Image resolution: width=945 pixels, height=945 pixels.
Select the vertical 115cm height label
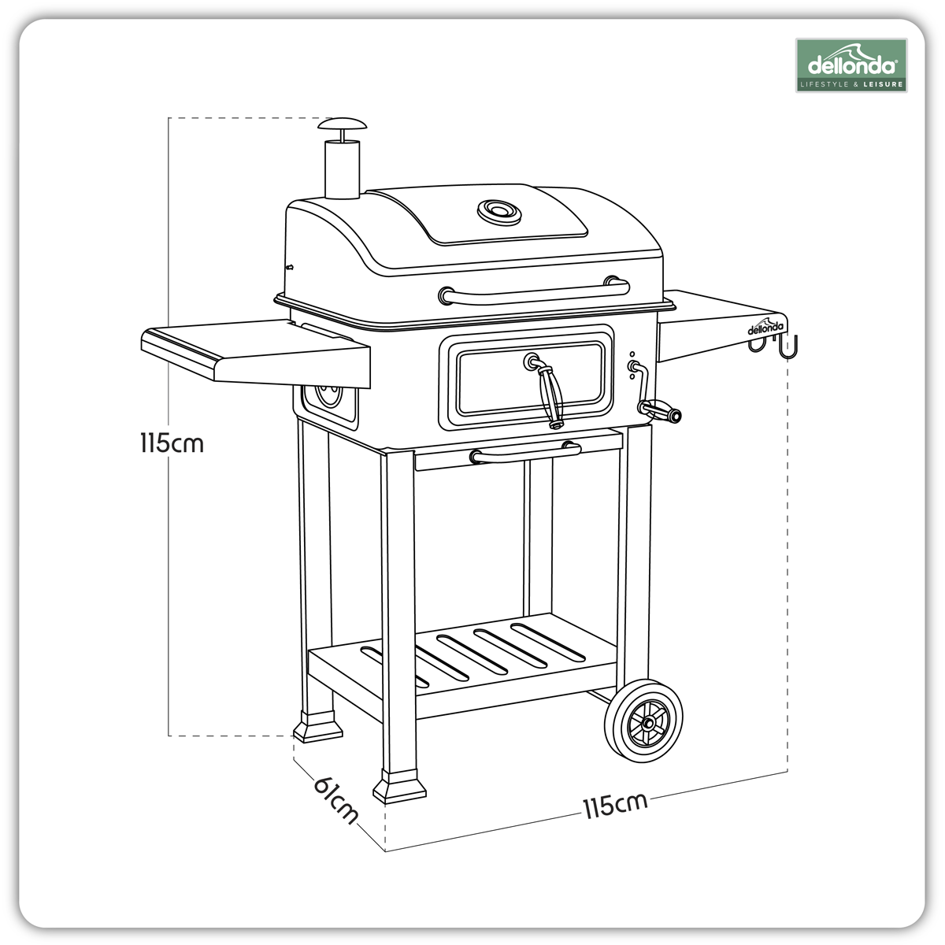[172, 443]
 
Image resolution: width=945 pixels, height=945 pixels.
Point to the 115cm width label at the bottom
[615, 805]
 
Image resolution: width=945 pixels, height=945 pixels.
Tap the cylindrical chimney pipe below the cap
[341, 169]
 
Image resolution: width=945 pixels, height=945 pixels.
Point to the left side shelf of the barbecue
[252, 350]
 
